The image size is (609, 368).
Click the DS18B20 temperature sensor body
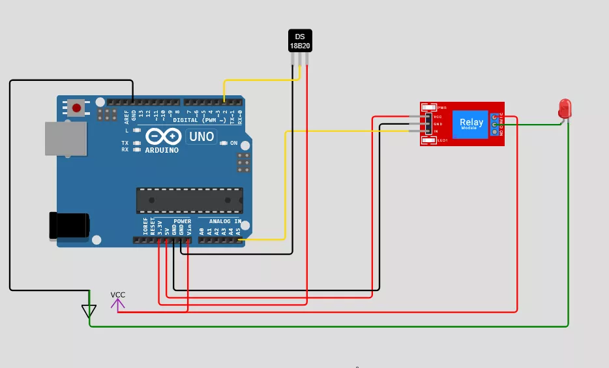[x=300, y=40]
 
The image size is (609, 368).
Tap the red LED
[x=565, y=108]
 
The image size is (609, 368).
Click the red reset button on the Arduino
[x=77, y=107]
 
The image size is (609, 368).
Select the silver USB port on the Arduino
[x=65, y=139]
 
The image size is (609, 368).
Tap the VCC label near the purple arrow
[x=117, y=294]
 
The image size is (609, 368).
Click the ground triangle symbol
[x=89, y=311]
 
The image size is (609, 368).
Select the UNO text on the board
[x=201, y=136]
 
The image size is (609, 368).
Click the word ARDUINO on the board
[x=162, y=150]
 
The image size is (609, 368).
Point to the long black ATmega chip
[x=189, y=200]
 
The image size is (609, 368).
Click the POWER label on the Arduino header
[x=183, y=222]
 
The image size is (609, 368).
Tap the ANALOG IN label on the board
[x=225, y=222]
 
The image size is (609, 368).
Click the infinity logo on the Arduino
[x=162, y=136]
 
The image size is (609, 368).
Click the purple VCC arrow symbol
[x=117, y=303]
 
